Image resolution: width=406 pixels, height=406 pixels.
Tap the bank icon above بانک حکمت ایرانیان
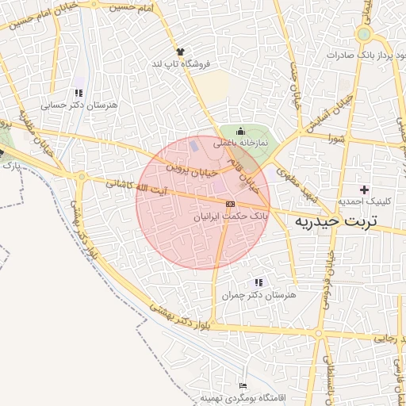(x=230, y=204)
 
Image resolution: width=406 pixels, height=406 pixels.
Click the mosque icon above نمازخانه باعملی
(x=241, y=132)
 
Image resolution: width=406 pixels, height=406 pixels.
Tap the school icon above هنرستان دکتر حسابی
(x=79, y=93)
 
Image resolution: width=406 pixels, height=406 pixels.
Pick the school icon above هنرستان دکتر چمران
(x=259, y=282)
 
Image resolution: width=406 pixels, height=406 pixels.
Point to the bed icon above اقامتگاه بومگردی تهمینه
(x=243, y=385)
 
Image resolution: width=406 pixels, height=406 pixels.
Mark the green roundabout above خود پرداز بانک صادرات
(x=364, y=34)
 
